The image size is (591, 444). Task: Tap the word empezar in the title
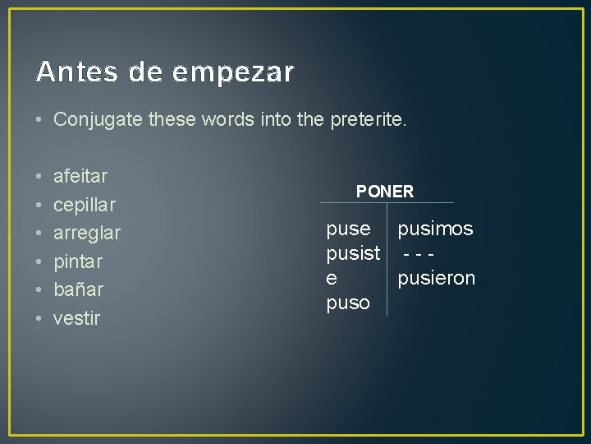232,73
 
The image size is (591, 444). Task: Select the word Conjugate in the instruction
98,120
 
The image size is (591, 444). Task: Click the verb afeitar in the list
80,176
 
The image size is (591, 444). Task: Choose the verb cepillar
85,205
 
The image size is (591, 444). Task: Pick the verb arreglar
87,234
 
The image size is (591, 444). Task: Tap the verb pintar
78,261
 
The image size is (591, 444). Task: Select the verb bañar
78,289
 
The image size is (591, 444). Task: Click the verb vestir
76,318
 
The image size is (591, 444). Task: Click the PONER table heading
385,192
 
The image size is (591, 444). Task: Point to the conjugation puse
348,229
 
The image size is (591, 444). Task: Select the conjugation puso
348,303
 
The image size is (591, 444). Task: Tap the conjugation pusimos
435,229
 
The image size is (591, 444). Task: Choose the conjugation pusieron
437,279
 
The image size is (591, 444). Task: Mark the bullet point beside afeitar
39,176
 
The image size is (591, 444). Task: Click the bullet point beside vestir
39,318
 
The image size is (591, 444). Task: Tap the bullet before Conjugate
39,120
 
